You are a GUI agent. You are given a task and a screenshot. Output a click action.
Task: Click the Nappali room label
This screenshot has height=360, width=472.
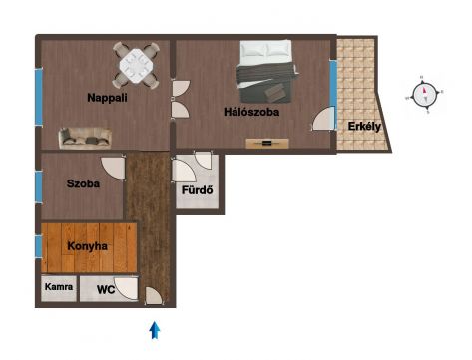pos(107,98)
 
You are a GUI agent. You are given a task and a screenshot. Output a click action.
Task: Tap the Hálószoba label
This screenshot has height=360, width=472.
pos(251,112)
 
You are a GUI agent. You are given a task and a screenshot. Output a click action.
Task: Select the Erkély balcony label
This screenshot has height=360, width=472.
pos(364,127)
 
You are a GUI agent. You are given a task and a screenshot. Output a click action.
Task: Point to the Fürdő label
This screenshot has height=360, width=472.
pos(197,190)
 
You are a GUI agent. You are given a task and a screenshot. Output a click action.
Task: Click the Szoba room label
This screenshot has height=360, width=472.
pos(83,183)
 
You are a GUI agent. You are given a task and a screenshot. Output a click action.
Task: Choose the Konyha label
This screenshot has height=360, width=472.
pos(87,246)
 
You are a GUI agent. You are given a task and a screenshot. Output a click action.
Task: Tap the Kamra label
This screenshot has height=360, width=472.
pos(59,286)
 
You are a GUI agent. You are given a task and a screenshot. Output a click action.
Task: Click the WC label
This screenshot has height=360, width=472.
pos(106,289)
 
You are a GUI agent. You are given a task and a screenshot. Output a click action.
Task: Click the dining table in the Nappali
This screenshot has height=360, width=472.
pos(136,66)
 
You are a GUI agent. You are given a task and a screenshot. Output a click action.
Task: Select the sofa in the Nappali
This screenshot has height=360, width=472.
pos(85,138)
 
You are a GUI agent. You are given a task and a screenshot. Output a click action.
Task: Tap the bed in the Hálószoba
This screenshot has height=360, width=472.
pos(266,71)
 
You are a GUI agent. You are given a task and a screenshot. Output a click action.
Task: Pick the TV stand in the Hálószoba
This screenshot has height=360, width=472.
pos(267,144)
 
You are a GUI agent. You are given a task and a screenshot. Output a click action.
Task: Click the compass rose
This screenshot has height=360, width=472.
pos(424,95)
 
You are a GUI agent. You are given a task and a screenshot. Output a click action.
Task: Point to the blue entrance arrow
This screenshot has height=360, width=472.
pos(155,330)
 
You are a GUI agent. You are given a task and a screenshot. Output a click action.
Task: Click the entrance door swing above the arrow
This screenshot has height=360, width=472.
pos(154,296)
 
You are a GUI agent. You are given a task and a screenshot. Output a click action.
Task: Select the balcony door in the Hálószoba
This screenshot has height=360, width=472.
pos(323,119)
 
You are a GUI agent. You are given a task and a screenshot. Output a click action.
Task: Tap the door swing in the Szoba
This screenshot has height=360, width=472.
pos(114,168)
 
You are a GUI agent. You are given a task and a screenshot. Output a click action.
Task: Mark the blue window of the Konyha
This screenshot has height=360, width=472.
pos(39,246)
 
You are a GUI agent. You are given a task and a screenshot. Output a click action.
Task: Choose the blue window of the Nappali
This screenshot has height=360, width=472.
pos(39,97)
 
